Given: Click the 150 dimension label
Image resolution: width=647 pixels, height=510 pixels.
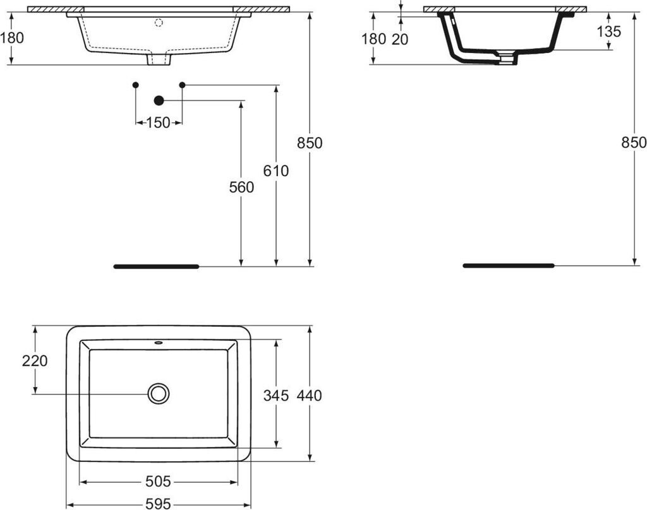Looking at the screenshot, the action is [159, 122].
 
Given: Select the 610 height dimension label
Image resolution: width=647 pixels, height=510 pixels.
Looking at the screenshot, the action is [276, 170].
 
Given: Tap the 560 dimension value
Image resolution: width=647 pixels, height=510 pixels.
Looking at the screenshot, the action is [241, 187].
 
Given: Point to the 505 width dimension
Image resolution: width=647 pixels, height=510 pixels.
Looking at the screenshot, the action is [158, 481].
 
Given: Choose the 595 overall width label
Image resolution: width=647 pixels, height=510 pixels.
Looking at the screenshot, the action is [159, 504].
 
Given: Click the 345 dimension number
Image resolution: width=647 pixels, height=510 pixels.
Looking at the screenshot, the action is [276, 395].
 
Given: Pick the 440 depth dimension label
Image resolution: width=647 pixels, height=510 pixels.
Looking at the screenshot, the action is [309, 395].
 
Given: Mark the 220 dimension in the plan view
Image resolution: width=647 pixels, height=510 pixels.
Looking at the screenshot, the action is [35, 361].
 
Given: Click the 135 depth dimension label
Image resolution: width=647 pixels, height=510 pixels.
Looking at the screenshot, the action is [609, 32].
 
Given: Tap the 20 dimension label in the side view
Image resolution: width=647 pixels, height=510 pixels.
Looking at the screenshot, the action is [399, 39].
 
